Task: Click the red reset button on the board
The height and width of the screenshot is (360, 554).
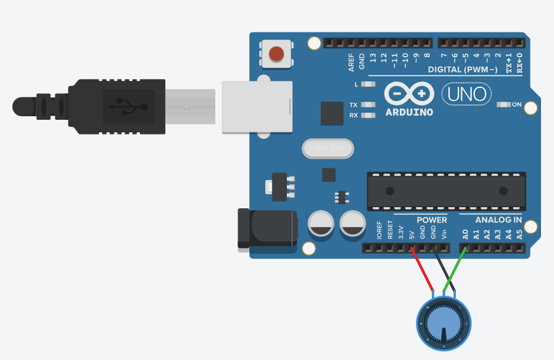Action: tap(276, 54)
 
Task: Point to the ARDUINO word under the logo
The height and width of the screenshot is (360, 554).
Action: tap(409, 112)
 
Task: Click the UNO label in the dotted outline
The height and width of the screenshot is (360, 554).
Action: tap(467, 94)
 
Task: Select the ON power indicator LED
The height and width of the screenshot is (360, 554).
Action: tap(504, 104)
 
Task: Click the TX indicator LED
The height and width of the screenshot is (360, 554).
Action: tap(368, 105)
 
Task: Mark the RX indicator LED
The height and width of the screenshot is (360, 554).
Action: tap(368, 115)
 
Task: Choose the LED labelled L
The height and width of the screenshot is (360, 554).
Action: tap(368, 84)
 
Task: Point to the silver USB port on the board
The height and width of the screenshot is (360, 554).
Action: tap(257, 107)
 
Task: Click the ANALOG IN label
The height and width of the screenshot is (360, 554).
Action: tap(498, 220)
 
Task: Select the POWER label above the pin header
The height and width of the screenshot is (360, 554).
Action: tap(432, 220)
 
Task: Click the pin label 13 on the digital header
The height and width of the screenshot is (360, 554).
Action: tap(373, 58)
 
